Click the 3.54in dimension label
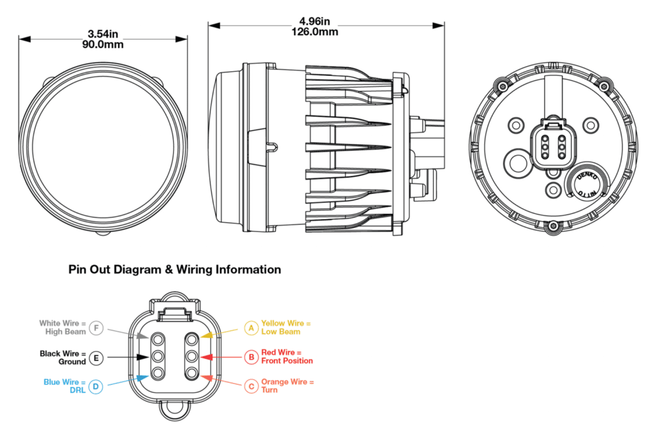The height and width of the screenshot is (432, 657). (103, 33)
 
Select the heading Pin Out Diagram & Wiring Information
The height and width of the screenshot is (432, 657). (175, 270)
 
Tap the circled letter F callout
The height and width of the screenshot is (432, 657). (96, 328)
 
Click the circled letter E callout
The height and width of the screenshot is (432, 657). (96, 358)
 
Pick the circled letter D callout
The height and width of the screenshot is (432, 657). (96, 386)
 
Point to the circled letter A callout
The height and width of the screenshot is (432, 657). (251, 328)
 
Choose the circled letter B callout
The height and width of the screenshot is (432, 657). (251, 357)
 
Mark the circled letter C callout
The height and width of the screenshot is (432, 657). (251, 386)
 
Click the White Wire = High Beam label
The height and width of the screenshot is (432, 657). (62, 328)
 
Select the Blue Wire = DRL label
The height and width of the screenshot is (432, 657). (64, 386)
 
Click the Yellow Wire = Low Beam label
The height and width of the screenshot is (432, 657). (286, 327)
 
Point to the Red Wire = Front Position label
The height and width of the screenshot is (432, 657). (287, 357)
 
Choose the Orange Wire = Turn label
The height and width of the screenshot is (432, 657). (287, 386)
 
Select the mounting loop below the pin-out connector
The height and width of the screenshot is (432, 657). (174, 406)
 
